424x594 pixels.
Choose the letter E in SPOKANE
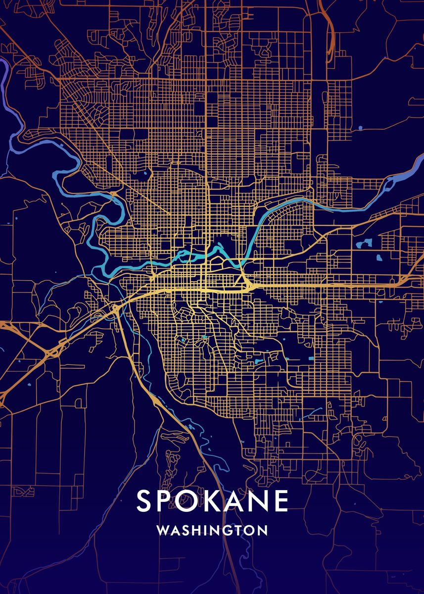(282, 501)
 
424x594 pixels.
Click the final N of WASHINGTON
(263, 530)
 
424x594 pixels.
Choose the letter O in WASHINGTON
(251, 530)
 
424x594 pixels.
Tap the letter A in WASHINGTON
(174, 530)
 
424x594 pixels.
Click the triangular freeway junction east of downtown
(244, 283)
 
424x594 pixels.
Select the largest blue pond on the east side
(366, 243)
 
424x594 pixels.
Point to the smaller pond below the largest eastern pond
(379, 258)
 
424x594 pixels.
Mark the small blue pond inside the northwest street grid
(145, 174)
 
